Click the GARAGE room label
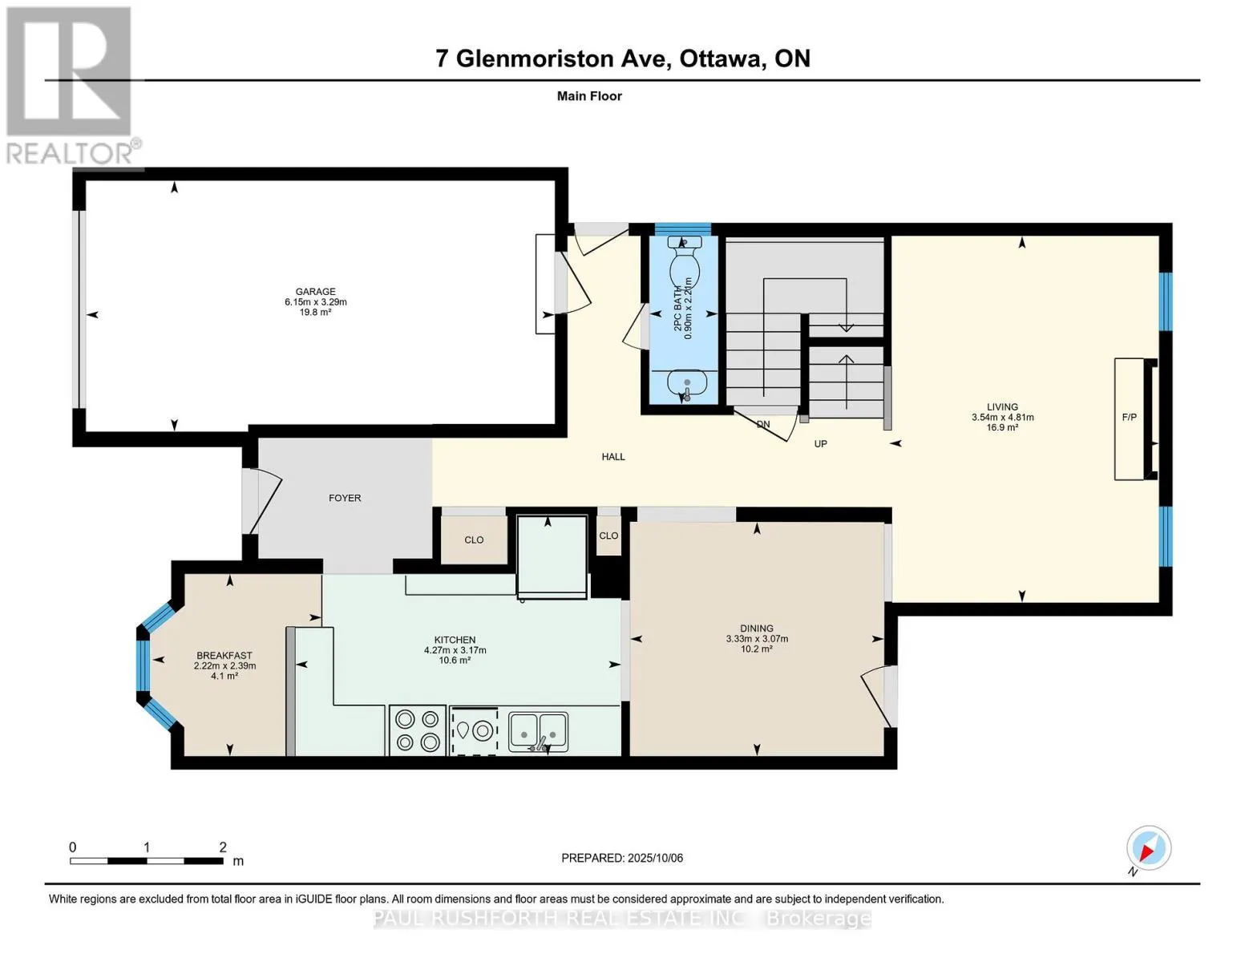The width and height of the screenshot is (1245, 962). coord(315,292)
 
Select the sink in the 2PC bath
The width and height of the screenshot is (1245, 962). coord(687,383)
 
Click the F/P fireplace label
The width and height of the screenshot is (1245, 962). coord(1129,417)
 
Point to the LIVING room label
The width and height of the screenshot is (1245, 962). coord(1002,406)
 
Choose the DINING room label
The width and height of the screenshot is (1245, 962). coord(756,628)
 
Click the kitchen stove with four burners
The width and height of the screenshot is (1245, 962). coord(418,730)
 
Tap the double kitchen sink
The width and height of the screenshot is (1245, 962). coord(538,732)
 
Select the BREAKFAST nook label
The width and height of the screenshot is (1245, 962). coord(224,656)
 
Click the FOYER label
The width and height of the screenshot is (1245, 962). coord(345,498)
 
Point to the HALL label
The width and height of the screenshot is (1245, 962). coord(613,457)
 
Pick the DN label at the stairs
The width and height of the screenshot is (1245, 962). coord(763,425)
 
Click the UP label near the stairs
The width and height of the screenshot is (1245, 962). coord(820,443)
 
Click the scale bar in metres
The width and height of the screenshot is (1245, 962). coord(147,860)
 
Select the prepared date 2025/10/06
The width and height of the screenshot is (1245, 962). coord(655,858)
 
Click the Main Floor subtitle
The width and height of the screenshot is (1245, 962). coord(589,96)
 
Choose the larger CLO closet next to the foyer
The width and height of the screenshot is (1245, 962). coord(474,540)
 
